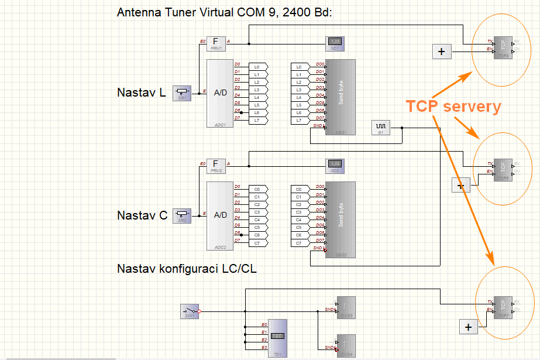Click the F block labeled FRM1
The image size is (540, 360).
coord(216,43)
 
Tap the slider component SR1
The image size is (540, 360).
coord(183,92)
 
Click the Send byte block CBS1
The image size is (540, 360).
coord(340,97)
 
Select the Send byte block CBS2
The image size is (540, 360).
coord(340,220)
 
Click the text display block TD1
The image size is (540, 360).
coord(278,338)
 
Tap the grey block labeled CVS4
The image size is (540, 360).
coord(345,345)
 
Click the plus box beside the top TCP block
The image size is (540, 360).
coord(441,52)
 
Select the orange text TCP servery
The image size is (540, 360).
coord(453,107)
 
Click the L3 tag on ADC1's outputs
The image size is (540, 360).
coord(257,90)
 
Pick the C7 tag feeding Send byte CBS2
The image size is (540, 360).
coord(299,242)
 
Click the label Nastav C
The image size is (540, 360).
coord(142,215)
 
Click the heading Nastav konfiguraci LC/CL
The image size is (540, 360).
coord(187,269)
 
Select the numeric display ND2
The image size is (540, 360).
coord(335,164)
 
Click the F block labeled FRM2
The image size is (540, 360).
coord(216,165)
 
